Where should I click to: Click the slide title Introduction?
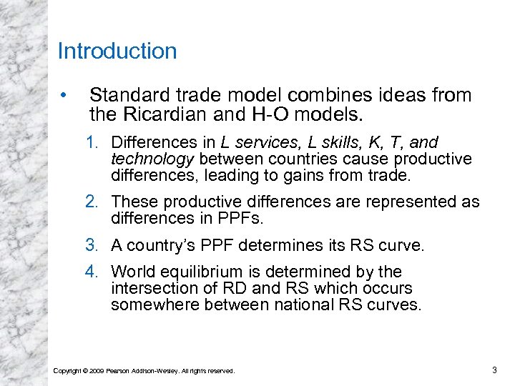(117, 51)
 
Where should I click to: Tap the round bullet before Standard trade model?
(64, 95)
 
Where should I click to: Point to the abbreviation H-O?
(279, 114)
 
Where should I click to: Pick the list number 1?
(92, 142)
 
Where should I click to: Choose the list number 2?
(92, 202)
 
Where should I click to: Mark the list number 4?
(92, 272)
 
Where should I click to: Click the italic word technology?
(152, 158)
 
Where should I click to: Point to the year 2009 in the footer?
(97, 370)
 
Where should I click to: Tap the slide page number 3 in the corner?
(494, 370)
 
